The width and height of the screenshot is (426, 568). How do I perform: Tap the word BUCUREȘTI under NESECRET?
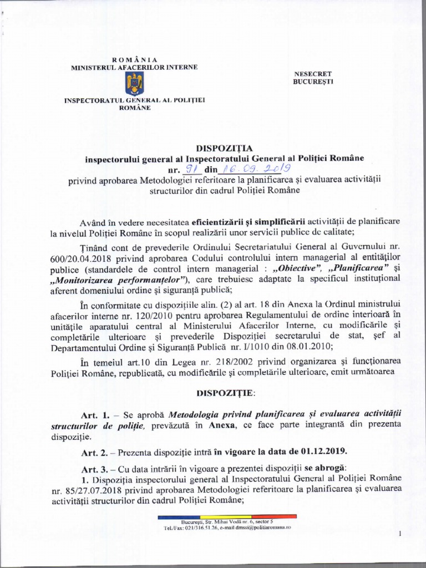tap(313, 82)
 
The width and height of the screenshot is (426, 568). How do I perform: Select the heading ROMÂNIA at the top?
tap(135, 60)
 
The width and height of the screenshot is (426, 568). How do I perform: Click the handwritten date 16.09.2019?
tap(253, 168)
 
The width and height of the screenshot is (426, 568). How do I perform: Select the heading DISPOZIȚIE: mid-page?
tap(224, 393)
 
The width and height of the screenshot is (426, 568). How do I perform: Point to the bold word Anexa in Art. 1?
tap(220, 425)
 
